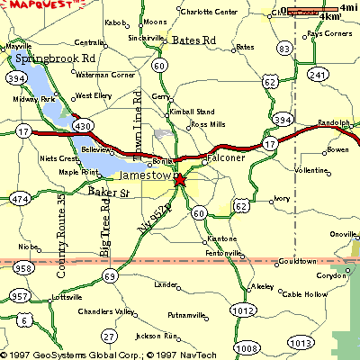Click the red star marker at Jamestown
coord(179,180)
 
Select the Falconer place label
coord(225,157)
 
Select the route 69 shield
coord(109,276)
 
